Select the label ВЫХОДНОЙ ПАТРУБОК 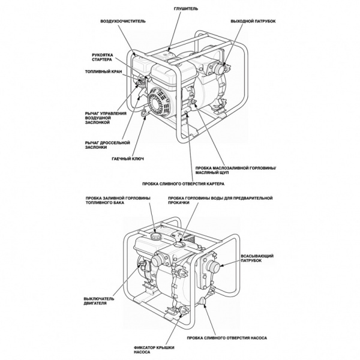point(253,21)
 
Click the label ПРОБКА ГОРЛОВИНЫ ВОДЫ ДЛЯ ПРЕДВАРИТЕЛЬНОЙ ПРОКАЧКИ point(219,201)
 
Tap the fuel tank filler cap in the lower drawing point(154,236)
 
